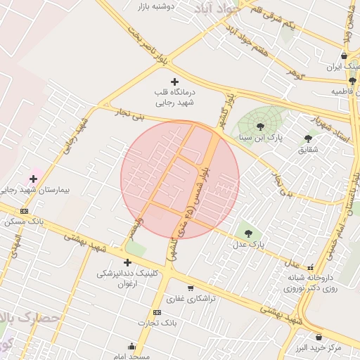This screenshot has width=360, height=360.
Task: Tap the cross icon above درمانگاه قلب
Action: coord(175,82)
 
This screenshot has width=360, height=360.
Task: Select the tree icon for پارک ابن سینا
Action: coord(261,127)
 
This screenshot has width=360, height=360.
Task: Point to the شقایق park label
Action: coord(308,150)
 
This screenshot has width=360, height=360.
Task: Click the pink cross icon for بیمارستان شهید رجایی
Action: coord(33,179)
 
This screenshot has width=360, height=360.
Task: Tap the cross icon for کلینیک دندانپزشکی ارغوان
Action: coord(127,262)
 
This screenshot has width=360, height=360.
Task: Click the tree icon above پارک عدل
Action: coord(247,233)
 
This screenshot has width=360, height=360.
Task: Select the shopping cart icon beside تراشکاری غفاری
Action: coord(191,288)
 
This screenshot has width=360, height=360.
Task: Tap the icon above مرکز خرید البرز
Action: coord(319,337)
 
